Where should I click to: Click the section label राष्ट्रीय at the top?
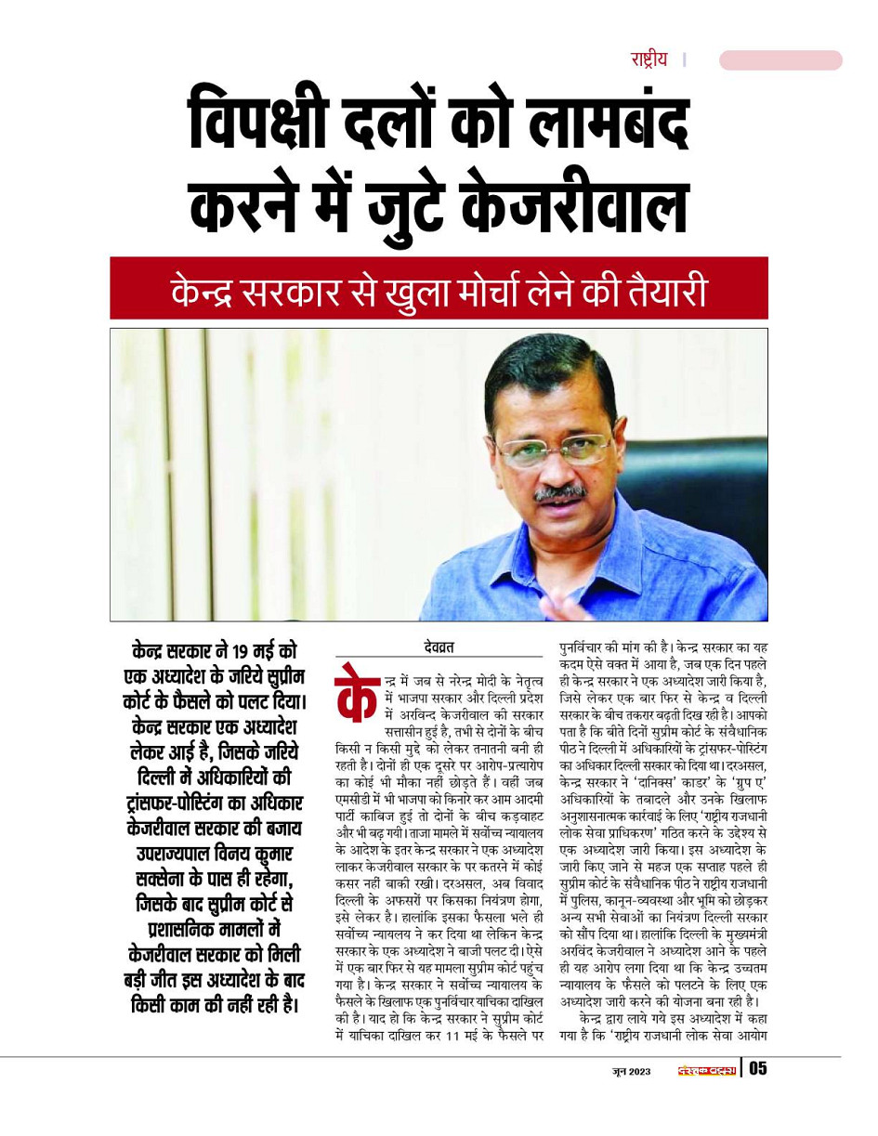pos(649,60)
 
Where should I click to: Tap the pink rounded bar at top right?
pos(780,60)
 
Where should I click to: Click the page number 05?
pos(758,1068)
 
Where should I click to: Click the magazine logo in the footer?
pos(706,1069)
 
